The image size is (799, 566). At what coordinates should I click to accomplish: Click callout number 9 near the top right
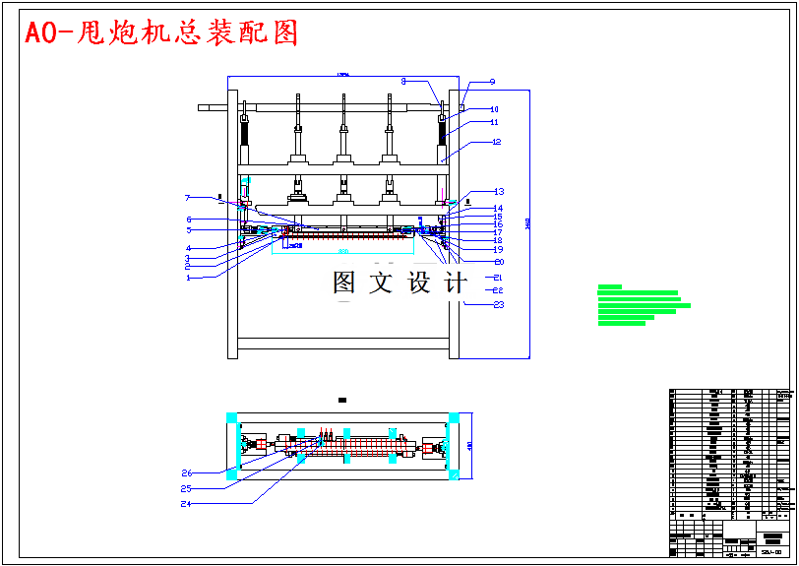point(492,82)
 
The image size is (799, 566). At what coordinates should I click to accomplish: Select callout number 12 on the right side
point(497,142)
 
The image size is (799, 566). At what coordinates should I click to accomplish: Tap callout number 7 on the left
point(186,198)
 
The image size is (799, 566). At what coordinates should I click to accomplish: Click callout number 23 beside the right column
point(498,305)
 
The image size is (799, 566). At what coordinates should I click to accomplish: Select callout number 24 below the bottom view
point(186,504)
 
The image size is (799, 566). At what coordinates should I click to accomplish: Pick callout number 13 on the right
point(498,191)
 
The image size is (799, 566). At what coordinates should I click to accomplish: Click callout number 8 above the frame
point(403,81)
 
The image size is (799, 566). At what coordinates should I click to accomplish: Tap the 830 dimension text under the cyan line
point(343,252)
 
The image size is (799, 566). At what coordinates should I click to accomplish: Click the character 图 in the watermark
point(344,283)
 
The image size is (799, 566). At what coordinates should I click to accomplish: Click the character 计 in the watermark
point(456,283)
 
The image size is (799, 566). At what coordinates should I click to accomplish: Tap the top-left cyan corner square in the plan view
point(232,418)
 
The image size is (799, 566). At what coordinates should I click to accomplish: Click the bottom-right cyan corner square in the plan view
point(455,474)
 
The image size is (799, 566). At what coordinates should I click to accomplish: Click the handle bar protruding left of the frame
point(213,106)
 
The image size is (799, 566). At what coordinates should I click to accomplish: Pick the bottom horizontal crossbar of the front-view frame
point(344,344)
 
